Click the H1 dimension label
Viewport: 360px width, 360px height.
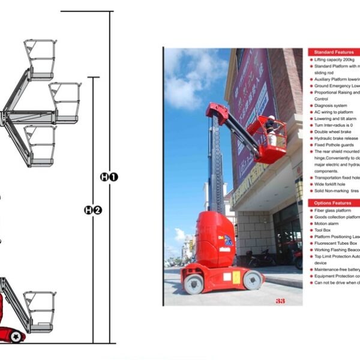click(109, 177)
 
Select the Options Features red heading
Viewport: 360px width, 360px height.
click(333, 203)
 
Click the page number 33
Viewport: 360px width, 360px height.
click(280, 300)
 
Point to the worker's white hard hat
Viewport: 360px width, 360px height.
click(271, 118)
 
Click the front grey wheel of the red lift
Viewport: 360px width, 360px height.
click(253, 279)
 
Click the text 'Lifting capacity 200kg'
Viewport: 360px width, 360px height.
click(335, 60)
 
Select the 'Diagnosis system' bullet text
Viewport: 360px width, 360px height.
click(331, 106)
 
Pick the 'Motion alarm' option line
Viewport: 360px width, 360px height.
click(328, 223)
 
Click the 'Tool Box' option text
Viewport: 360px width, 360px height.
click(324, 230)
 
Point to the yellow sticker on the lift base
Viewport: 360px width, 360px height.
click(236, 277)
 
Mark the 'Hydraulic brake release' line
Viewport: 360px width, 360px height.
click(336, 139)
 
